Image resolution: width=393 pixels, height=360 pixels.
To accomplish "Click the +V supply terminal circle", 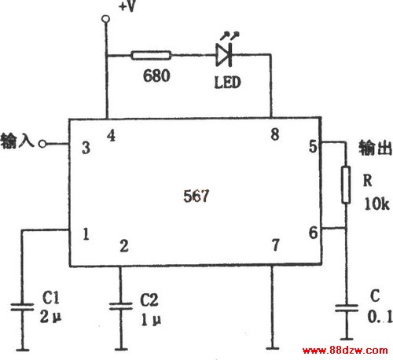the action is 106,19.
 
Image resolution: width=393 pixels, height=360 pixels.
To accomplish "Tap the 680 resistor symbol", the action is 151,55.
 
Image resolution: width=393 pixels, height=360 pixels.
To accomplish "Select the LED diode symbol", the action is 224,55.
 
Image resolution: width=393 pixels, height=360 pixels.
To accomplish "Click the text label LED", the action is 227,83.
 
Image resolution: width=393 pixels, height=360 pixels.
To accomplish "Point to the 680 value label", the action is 156,75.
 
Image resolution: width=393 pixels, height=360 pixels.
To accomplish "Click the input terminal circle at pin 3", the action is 42,144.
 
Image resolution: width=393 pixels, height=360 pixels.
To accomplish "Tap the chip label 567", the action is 196,196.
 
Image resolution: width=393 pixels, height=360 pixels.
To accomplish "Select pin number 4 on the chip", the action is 111,136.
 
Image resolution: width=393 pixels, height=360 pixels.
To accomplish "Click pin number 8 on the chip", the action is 275,134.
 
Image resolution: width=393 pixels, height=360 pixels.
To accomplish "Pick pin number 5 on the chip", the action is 313,146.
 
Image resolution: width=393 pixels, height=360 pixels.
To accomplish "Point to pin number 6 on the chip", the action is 314,233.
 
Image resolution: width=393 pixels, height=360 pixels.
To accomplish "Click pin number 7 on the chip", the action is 275,245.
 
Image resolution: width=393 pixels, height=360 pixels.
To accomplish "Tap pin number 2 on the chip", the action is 124,246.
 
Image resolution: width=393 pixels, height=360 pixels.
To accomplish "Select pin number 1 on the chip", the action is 86,234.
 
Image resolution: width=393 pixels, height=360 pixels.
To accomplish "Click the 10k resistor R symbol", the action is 346,185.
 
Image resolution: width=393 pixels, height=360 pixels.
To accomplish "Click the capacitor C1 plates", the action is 22,307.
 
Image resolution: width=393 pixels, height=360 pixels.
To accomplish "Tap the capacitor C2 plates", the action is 121,307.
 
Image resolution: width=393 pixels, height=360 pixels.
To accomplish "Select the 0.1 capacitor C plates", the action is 347,308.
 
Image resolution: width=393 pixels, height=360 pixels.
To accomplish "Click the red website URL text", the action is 345,351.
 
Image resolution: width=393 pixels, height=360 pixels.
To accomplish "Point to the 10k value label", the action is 377,204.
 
